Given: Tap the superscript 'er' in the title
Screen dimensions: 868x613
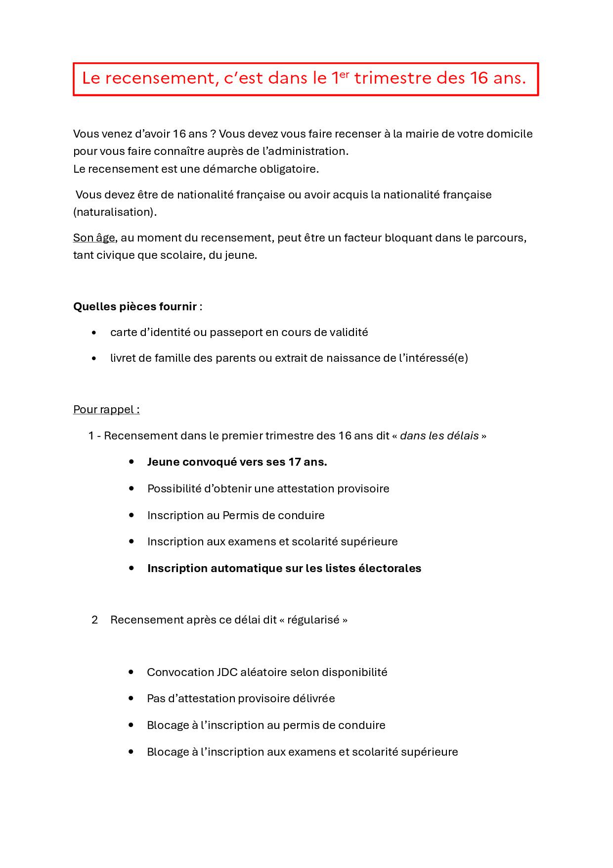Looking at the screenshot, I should click(x=344, y=74).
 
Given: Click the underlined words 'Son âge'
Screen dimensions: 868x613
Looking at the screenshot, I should click(x=94, y=238).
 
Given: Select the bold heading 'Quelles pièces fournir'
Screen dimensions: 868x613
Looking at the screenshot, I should click(x=135, y=306).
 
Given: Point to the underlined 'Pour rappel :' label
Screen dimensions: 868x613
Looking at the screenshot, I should click(x=106, y=409).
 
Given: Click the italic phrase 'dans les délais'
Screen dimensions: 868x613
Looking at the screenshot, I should click(x=439, y=435).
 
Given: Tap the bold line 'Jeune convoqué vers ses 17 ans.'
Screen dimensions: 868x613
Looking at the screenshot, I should click(x=237, y=462).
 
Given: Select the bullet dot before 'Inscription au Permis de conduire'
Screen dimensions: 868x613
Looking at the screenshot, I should click(x=131, y=515).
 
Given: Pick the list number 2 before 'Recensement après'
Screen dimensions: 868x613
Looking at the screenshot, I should click(x=95, y=620).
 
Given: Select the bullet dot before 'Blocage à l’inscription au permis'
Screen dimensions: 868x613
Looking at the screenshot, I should click(x=131, y=725).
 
